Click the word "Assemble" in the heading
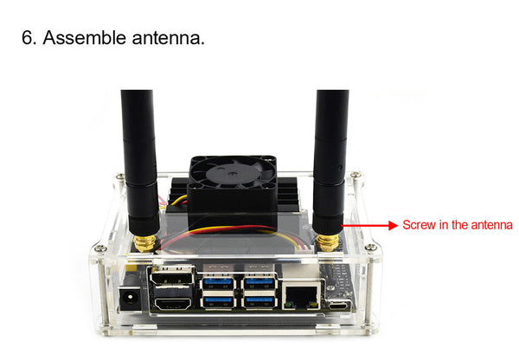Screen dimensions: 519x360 point(85,37)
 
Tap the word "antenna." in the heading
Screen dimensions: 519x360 point(169,38)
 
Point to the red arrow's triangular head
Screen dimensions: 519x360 point(393,226)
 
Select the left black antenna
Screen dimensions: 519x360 point(139,163)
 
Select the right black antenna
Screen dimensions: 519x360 point(330,162)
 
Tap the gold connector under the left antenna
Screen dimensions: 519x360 point(145,243)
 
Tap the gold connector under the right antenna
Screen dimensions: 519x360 point(328,243)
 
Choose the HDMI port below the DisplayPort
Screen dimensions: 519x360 point(172,304)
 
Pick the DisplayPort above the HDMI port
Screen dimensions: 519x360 point(172,276)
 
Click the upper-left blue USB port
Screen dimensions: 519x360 point(218,284)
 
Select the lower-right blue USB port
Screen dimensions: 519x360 point(259,302)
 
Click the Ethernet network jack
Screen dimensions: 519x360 point(302,294)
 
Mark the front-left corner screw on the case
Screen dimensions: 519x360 point(100,248)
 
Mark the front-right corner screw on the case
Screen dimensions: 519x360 point(371,247)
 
